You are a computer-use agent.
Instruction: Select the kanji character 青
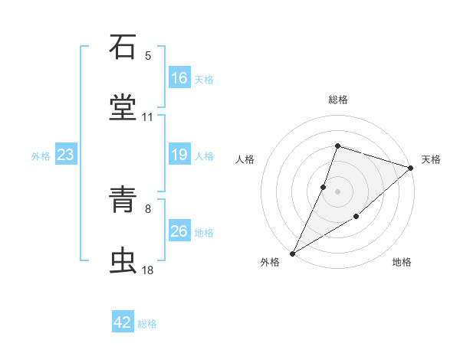(123, 201)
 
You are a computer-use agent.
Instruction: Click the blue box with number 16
(179, 78)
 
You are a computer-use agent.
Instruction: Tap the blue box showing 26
(179, 231)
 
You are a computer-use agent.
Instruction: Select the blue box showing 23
(66, 155)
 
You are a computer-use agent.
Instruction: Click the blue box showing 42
(123, 323)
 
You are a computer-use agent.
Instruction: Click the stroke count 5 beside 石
(148, 56)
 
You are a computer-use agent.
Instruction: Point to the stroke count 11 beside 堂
(148, 117)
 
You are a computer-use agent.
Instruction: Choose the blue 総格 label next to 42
(147, 324)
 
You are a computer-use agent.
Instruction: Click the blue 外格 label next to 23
(41, 156)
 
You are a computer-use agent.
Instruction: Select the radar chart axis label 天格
(431, 159)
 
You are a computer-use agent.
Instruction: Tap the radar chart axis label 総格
(338, 100)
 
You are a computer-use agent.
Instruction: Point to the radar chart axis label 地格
(402, 263)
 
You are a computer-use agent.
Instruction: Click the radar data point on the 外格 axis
(292, 253)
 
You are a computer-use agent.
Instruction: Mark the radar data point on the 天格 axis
(411, 168)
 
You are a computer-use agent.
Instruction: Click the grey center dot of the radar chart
(337, 191)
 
